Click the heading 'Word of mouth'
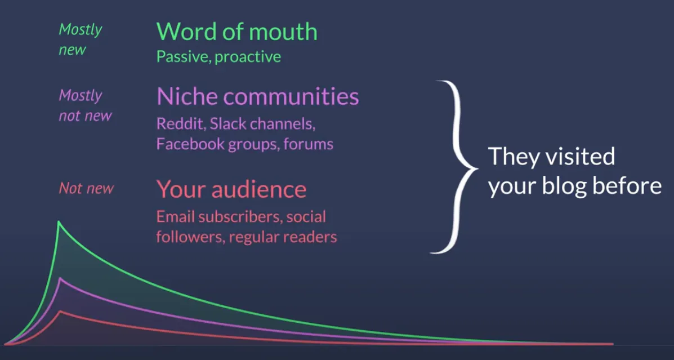click(x=236, y=32)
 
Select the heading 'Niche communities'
click(x=257, y=96)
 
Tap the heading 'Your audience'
click(x=231, y=189)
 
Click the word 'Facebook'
click(x=187, y=144)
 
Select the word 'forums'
click(x=308, y=144)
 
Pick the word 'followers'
click(x=190, y=237)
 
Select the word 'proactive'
click(x=248, y=57)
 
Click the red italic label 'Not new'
click(x=86, y=188)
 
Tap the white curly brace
click(x=456, y=167)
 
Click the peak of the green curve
click(x=59, y=223)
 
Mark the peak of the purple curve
click(x=59, y=278)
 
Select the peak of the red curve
click(x=60, y=311)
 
